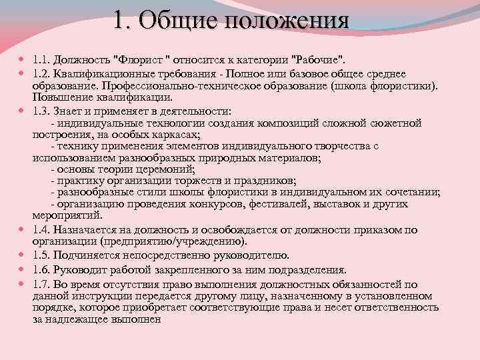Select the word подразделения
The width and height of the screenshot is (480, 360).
point(311,270)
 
